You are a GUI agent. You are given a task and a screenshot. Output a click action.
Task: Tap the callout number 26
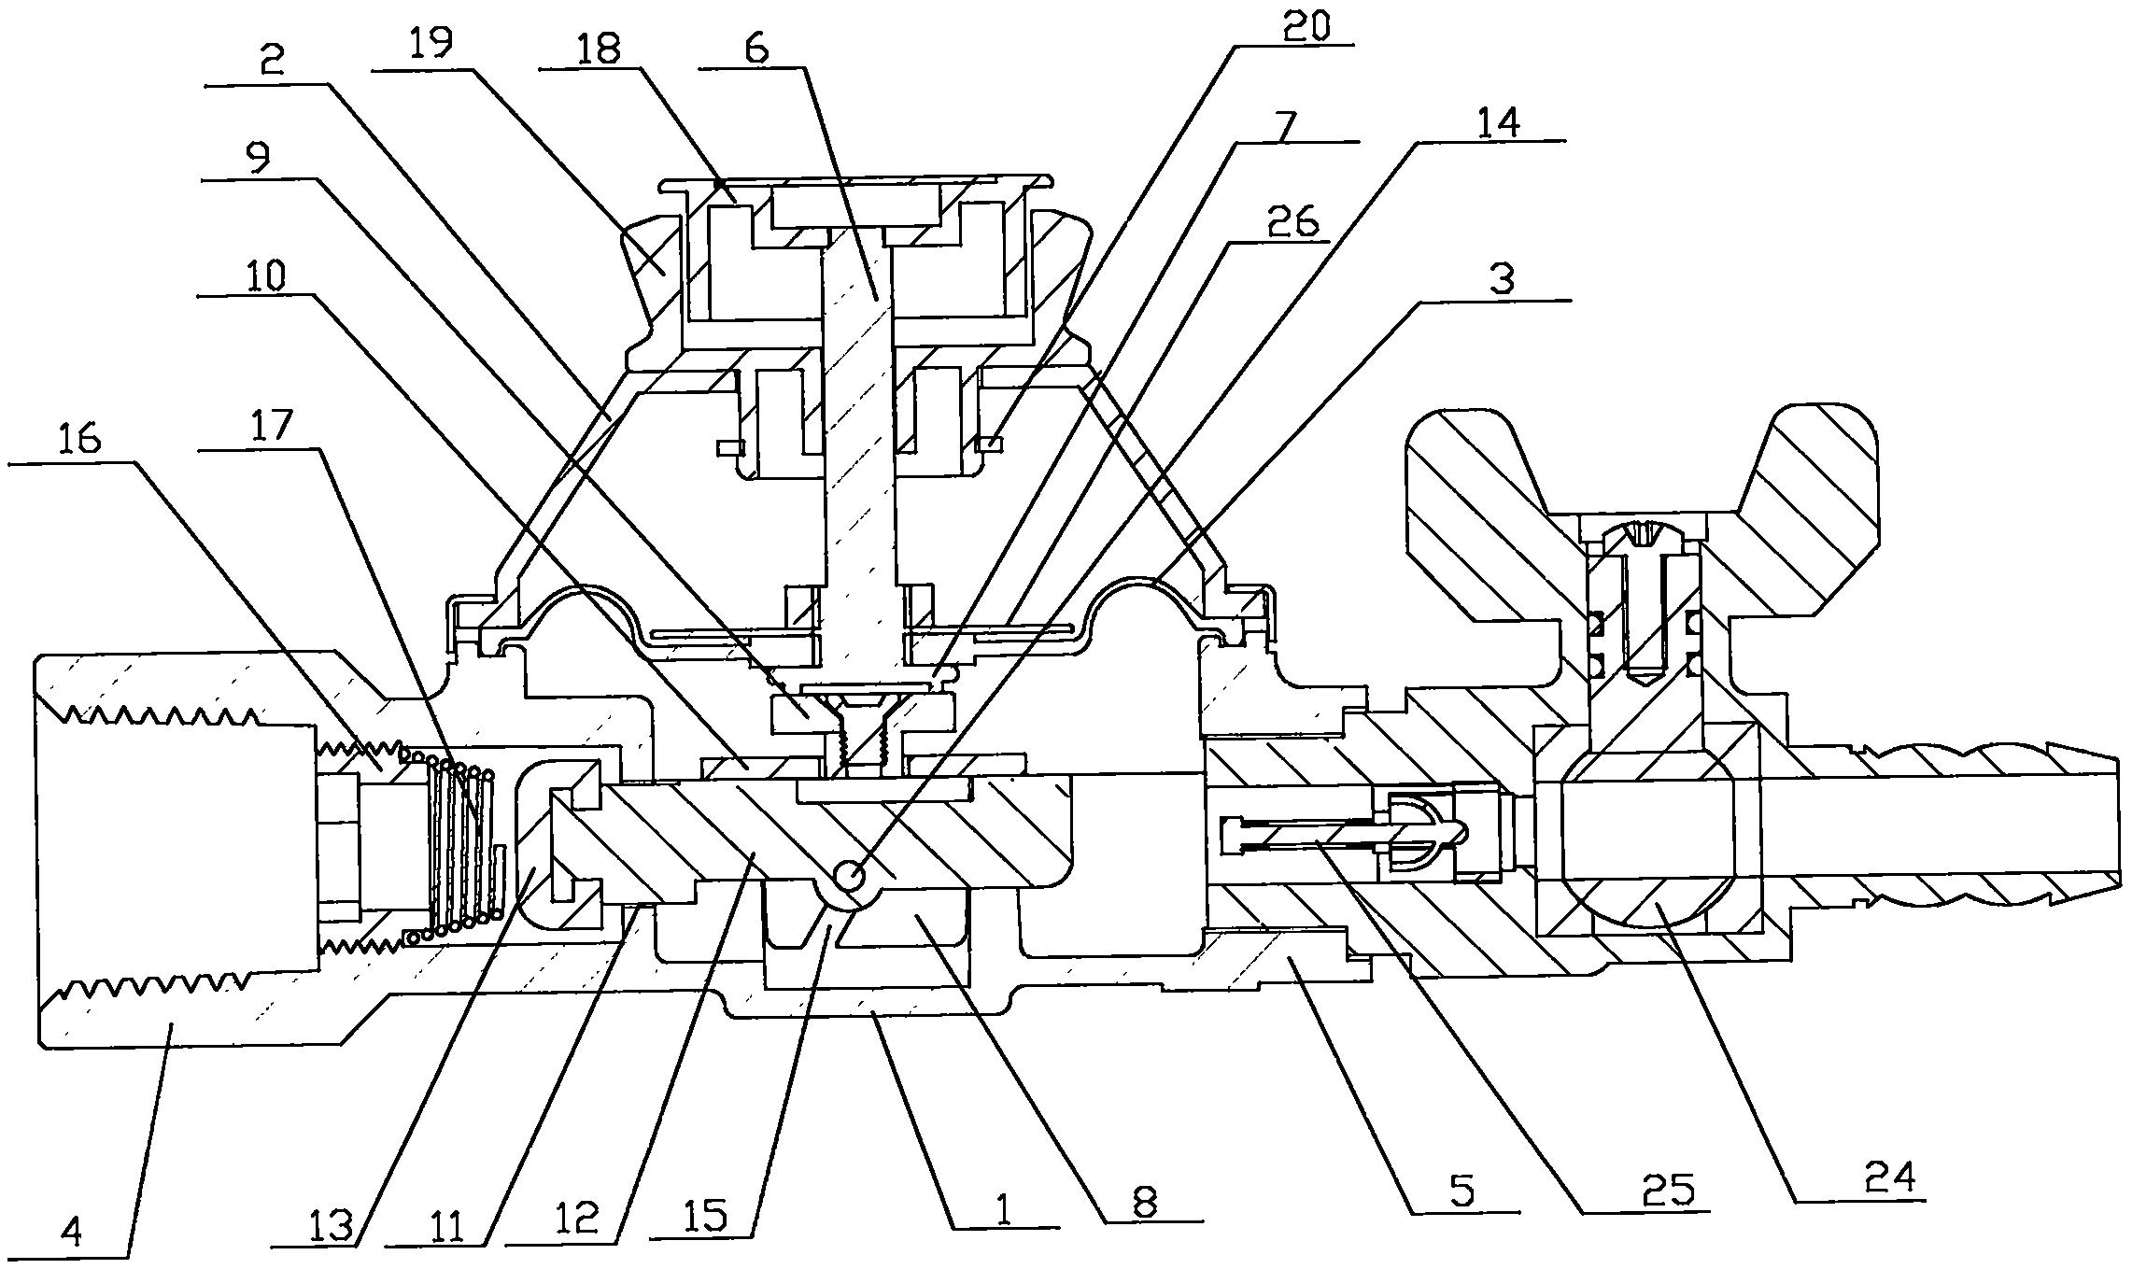(x=1292, y=220)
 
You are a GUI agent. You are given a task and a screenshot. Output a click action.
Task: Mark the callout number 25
(x=1672, y=1191)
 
